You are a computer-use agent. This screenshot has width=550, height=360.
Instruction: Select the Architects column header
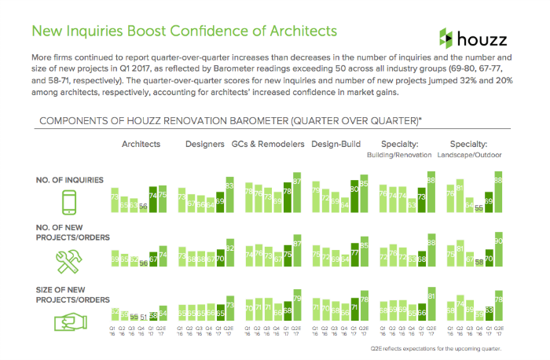(x=141, y=145)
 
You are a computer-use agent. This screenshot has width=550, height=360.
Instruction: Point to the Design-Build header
(x=335, y=145)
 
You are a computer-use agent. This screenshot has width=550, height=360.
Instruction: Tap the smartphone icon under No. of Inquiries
(x=68, y=203)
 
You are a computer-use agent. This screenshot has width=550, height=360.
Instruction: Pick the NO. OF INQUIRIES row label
(x=70, y=180)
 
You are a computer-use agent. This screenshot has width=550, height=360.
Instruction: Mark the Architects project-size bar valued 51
(x=142, y=321)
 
